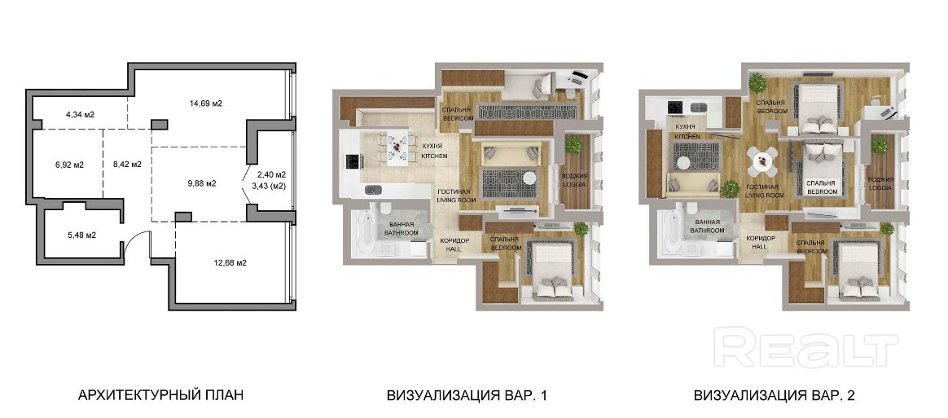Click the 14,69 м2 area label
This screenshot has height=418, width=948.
coord(205,103)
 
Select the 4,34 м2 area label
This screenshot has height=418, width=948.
coord(80,114)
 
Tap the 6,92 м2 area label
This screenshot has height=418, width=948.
coord(69,164)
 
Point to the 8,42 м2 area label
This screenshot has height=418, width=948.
coord(127,164)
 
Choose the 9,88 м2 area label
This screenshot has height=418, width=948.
coord(202,183)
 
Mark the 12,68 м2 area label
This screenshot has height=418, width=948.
coord(230,262)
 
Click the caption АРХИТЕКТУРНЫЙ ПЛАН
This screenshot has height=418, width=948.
coord(160,396)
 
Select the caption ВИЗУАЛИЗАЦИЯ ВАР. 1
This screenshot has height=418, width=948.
coord(467,396)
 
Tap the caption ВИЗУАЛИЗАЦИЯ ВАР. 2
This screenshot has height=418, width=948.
coord(775,396)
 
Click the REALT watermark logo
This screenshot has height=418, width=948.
coord(805,347)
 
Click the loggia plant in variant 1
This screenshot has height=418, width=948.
coord(573,145)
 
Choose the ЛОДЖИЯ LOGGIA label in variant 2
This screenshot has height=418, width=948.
coord(880,184)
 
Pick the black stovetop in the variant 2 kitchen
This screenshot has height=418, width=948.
coord(675,108)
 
